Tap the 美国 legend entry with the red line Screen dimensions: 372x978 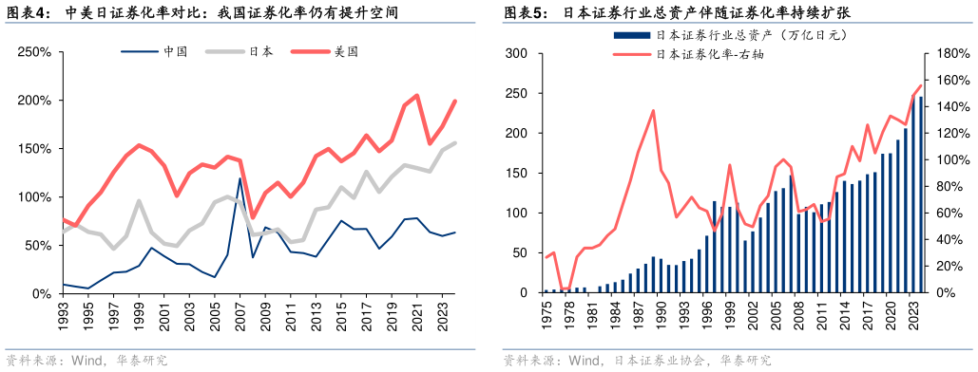(x=346, y=51)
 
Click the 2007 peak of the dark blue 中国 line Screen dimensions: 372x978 (x=240, y=178)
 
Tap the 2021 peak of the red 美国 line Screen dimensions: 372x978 (x=417, y=95)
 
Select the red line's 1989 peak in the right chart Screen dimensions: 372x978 (x=653, y=111)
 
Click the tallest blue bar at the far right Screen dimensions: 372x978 (x=920, y=195)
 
